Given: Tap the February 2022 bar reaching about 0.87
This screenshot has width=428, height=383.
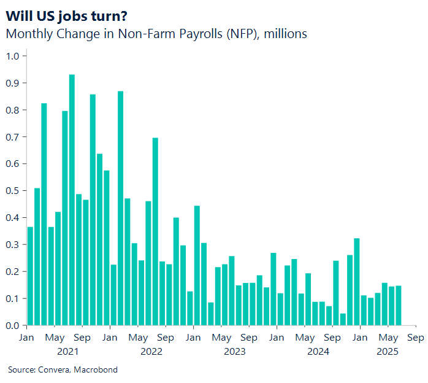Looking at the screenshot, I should (x=121, y=208).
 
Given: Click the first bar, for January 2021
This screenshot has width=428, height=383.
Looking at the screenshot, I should (x=30, y=276).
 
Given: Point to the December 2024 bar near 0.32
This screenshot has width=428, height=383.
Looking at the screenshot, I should (x=357, y=282).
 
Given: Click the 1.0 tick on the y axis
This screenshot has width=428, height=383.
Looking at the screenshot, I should (x=13, y=56).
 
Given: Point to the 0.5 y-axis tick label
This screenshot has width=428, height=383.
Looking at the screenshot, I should (x=13, y=191).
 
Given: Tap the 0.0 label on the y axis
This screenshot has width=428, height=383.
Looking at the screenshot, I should (x=13, y=325).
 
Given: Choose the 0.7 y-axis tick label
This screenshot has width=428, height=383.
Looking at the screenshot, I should (x=13, y=137).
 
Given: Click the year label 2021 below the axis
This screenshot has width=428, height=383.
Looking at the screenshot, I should (x=67, y=352).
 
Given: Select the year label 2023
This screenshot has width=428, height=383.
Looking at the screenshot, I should (x=234, y=352).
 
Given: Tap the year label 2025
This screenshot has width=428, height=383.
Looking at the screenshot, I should (x=388, y=352).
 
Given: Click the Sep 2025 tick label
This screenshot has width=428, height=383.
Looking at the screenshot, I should (x=415, y=338).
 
